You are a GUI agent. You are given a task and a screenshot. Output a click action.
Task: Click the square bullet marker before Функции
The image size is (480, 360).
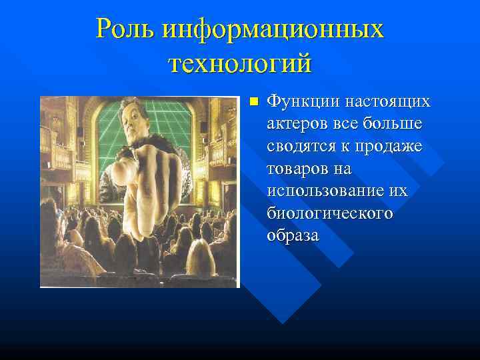[x=252, y=102]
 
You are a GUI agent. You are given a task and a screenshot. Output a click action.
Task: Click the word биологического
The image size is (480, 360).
[x=329, y=214]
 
